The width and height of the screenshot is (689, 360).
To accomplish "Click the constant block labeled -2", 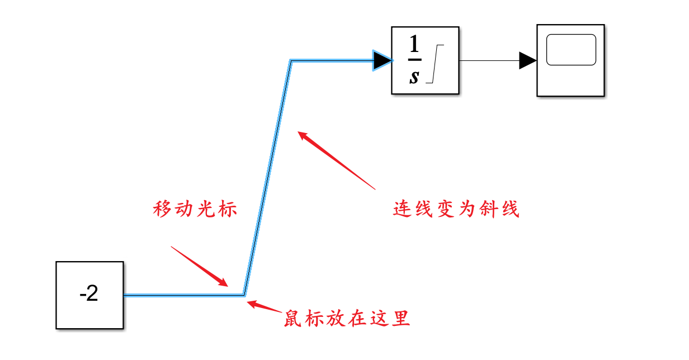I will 89,295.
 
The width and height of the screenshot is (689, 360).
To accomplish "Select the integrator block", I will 425,60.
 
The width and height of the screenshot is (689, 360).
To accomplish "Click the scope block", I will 570,60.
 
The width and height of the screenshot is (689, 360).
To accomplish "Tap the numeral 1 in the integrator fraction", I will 414,44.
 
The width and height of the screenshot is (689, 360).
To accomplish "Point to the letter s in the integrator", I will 414,77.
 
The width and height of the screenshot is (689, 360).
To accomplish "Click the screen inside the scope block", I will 571,50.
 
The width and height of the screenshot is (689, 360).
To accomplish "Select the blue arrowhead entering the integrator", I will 383,60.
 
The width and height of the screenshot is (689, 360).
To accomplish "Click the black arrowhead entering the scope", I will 527,60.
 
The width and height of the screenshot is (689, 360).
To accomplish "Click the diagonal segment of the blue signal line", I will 267,178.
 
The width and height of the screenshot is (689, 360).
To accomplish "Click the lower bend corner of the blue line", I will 244,294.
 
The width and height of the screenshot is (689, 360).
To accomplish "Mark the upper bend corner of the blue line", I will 291,61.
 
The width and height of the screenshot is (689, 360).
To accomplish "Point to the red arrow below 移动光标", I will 200,266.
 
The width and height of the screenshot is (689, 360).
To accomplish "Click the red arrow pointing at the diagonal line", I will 336,160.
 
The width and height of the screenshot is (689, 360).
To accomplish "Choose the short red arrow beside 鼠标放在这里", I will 264,306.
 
